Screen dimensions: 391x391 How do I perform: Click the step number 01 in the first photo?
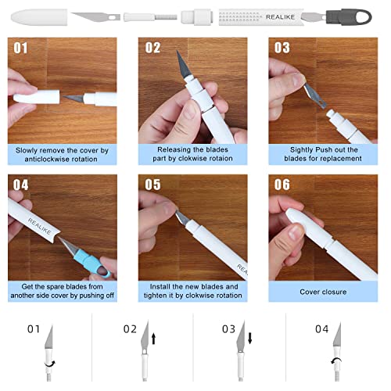coord(20,48)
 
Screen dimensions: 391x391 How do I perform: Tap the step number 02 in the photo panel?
coord(152,48)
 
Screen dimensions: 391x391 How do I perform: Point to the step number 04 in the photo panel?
coord(21,185)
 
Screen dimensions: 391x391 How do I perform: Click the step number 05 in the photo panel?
coord(152,185)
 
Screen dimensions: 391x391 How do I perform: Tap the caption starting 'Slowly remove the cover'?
coord(63,152)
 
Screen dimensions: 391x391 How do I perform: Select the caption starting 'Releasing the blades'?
coord(193,152)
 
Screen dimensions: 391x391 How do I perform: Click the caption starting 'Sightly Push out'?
coord(324,152)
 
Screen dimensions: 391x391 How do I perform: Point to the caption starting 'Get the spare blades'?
coord(63,292)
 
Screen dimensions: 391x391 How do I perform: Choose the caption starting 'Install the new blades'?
coord(193,292)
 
